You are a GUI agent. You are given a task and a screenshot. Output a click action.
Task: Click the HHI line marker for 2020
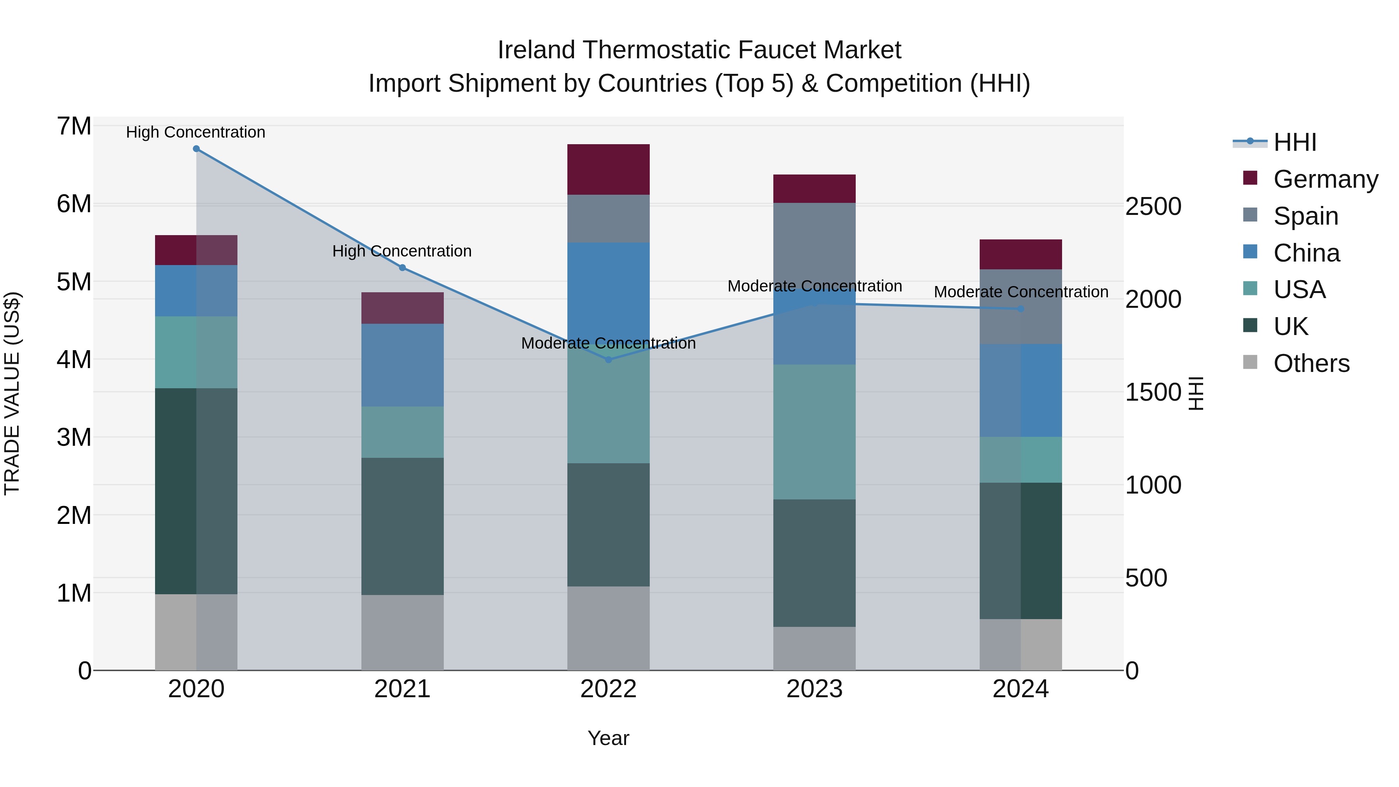(196, 149)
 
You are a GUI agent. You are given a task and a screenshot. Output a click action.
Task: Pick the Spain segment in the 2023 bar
(814, 244)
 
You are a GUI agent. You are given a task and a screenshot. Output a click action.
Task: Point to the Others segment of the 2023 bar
(814, 649)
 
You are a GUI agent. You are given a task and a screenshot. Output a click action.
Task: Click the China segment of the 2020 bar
(196, 291)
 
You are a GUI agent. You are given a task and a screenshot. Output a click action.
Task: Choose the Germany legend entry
(1325, 179)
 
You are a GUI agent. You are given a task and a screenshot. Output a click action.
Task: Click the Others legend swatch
(1250, 362)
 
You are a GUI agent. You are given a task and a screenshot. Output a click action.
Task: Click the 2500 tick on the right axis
(1153, 206)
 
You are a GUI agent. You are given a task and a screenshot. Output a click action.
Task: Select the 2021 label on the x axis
(403, 689)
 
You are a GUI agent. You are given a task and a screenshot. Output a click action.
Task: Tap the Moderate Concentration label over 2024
(1021, 291)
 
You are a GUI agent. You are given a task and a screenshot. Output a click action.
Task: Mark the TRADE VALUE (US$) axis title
(12, 393)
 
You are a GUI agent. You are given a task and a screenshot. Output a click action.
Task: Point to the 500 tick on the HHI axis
(1146, 578)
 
